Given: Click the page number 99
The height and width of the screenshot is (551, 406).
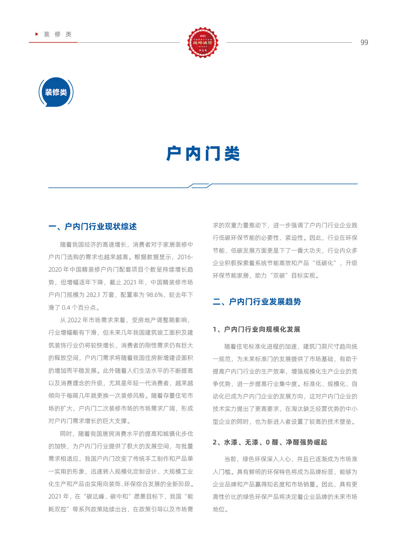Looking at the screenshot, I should (364, 42).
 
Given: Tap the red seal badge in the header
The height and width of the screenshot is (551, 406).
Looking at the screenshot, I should (203, 42).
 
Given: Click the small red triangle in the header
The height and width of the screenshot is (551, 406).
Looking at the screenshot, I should (37, 34).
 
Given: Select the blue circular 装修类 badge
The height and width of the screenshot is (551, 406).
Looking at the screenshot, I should (56, 92).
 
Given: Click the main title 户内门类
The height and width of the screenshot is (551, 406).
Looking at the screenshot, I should (203, 154).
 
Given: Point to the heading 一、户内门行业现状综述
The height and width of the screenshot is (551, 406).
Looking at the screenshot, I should (93, 227).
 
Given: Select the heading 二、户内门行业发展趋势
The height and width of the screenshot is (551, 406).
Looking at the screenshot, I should (257, 302).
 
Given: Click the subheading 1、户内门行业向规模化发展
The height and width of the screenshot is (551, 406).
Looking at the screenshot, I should (256, 329).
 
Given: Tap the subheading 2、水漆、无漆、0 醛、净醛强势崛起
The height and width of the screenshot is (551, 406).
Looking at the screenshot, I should (270, 442).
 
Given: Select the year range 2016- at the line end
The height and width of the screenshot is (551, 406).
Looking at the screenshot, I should (185, 257).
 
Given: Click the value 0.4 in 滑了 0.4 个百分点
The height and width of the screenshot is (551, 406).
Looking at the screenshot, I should (66, 307).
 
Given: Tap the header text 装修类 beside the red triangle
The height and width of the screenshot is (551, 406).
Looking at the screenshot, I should (58, 34).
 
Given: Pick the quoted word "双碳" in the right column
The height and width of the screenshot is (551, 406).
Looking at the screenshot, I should (279, 276).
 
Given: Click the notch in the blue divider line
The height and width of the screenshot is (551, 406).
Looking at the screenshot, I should (200, 185).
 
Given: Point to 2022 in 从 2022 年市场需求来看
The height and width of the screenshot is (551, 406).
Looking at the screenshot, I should (74, 320).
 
